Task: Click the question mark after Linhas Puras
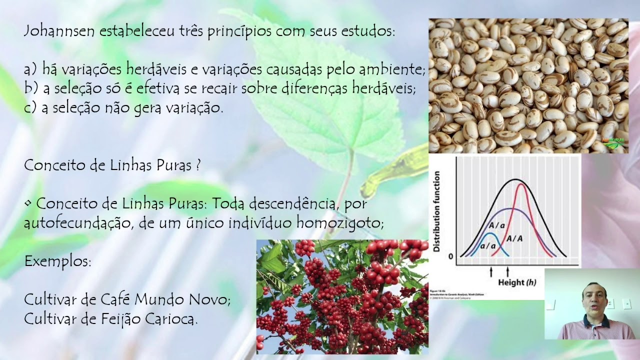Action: (x=198, y=165)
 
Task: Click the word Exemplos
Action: (x=57, y=261)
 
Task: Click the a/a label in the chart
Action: (x=487, y=246)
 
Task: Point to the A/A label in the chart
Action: (x=514, y=238)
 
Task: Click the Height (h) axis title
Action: (x=516, y=282)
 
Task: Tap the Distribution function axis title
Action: (x=437, y=210)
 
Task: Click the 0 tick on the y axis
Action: (x=450, y=256)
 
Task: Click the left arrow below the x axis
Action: (x=491, y=271)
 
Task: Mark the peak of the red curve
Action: (x=522, y=184)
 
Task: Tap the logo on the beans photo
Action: (x=615, y=144)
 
